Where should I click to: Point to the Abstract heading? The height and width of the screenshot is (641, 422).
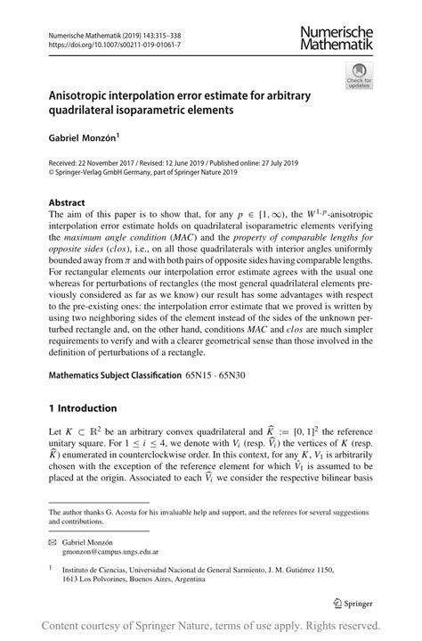[x=66, y=201]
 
